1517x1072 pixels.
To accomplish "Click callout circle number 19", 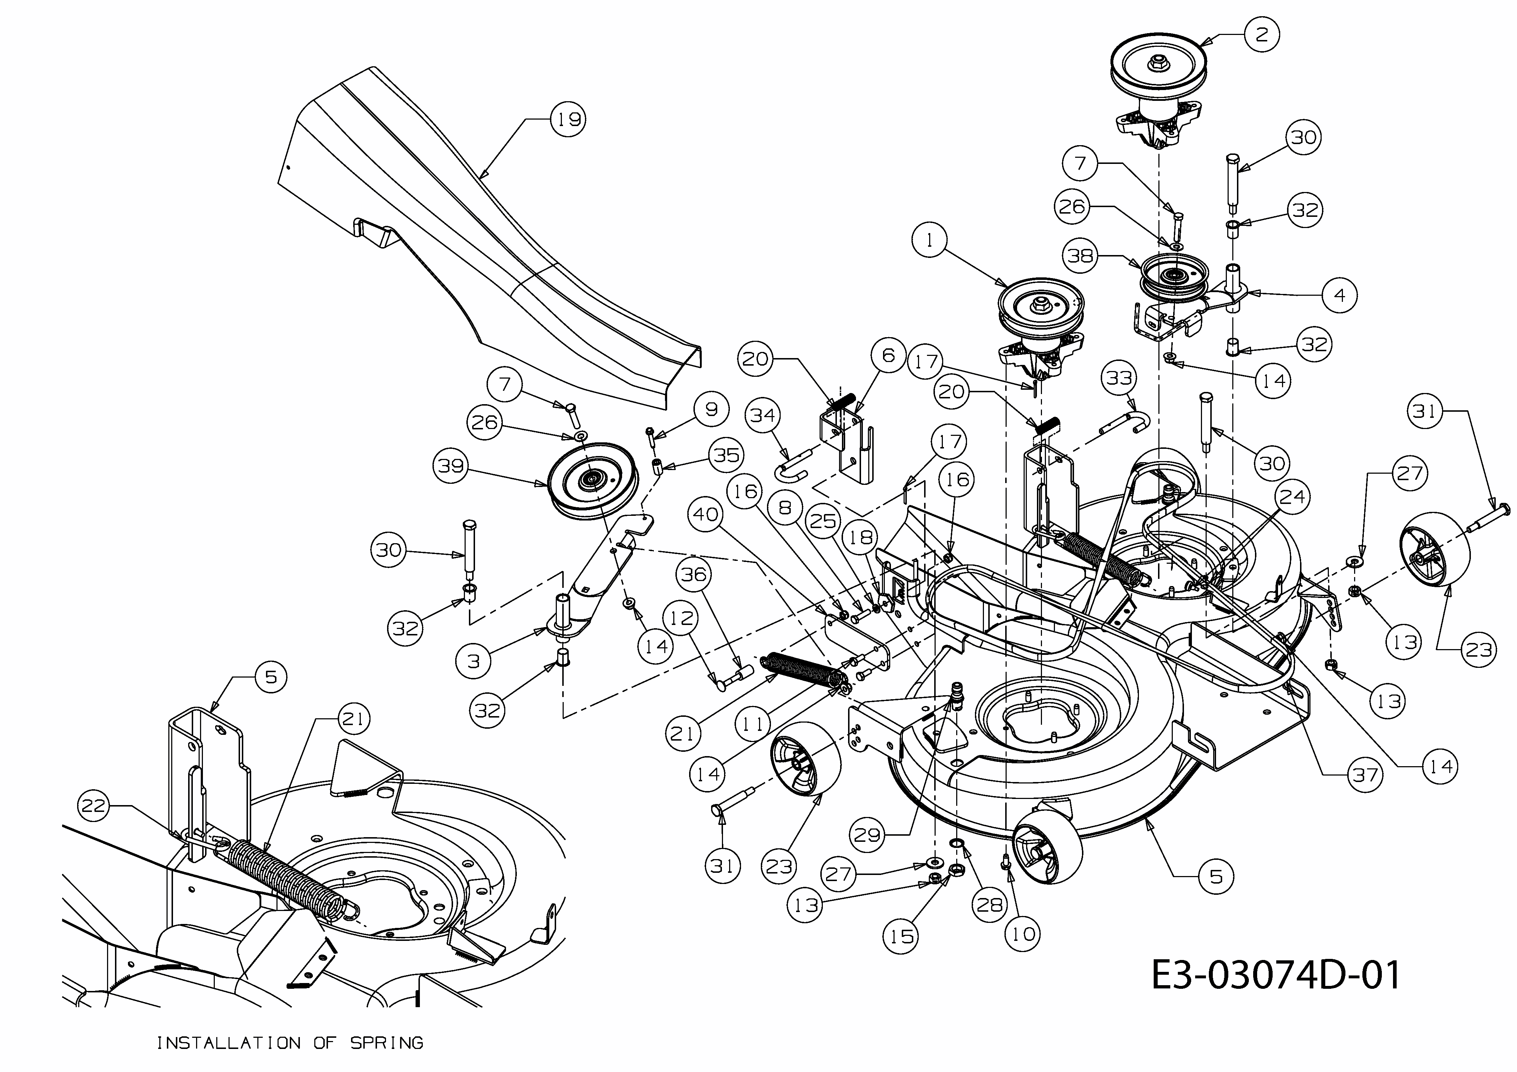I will coord(568,120).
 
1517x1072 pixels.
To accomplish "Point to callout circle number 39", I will coord(451,466).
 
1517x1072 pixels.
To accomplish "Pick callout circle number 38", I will coord(1080,256).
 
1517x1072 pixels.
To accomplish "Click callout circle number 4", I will coord(1339,295).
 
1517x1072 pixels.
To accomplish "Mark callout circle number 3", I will coord(473,661).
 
